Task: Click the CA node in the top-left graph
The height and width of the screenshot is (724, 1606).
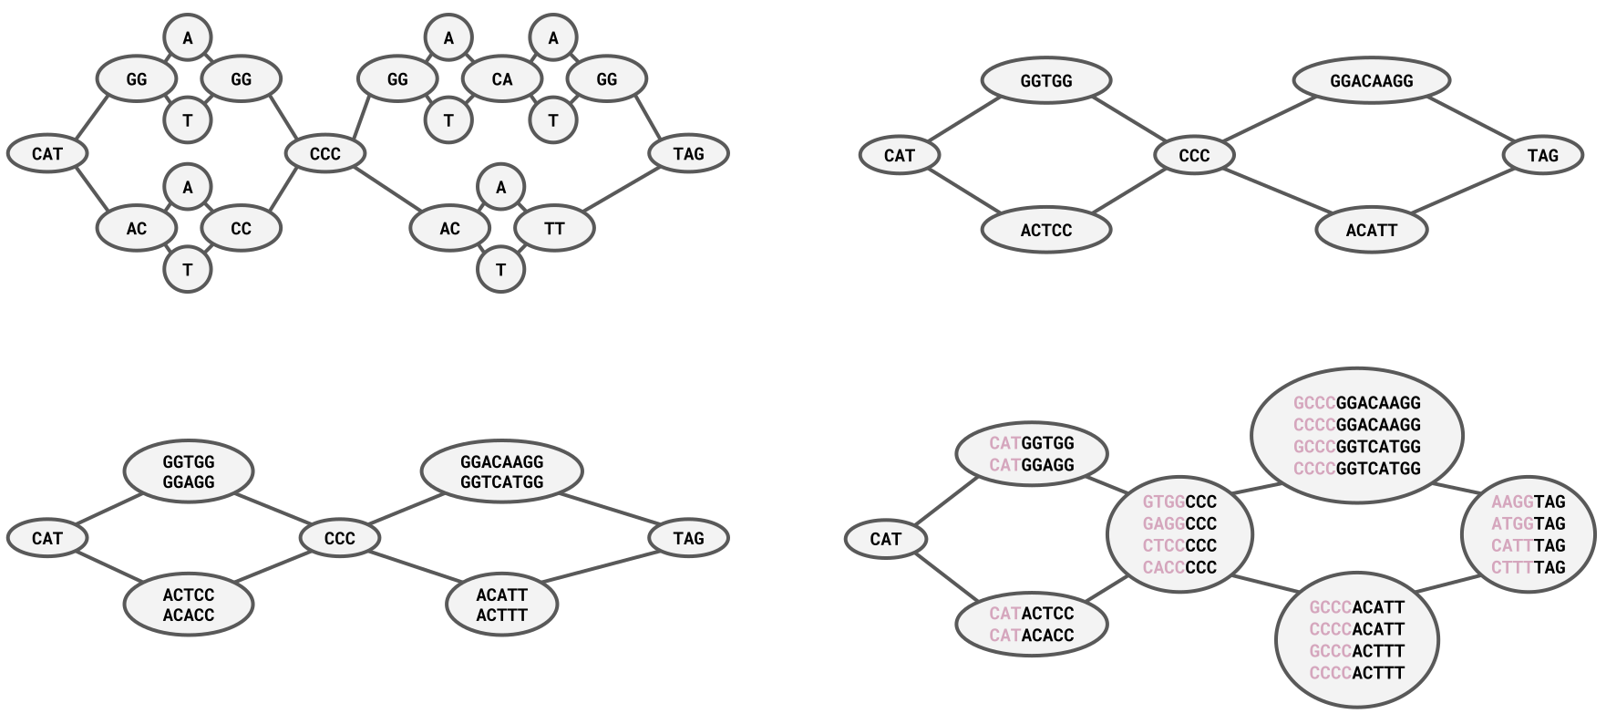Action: pos(502,79)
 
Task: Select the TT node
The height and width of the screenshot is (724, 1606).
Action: pos(554,228)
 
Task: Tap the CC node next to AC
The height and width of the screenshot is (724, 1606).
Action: pos(241,228)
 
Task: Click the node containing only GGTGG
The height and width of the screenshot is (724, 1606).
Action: pos(1045,81)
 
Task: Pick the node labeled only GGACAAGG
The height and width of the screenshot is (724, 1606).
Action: pos(1371,81)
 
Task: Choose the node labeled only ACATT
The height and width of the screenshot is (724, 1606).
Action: pos(1371,230)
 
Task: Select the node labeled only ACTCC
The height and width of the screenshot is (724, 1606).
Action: pos(1045,230)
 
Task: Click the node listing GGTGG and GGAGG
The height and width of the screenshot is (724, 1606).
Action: pos(189,472)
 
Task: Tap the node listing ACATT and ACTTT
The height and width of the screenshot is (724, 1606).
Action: pos(501,605)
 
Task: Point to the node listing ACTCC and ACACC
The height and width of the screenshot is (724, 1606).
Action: pos(189,605)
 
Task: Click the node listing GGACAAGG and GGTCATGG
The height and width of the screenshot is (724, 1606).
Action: pos(501,472)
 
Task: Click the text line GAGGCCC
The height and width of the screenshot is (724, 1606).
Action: pos(1179,523)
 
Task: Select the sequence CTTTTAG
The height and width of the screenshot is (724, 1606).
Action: pos(1528,567)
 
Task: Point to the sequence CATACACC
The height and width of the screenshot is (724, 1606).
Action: pos(1032,636)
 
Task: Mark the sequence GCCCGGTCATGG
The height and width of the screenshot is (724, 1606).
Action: pos(1356,447)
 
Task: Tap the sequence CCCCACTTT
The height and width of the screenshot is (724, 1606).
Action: pos(1356,673)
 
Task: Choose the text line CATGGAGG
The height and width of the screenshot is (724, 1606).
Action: pos(1032,465)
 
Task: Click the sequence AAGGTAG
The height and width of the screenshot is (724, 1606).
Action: pos(1528,502)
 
